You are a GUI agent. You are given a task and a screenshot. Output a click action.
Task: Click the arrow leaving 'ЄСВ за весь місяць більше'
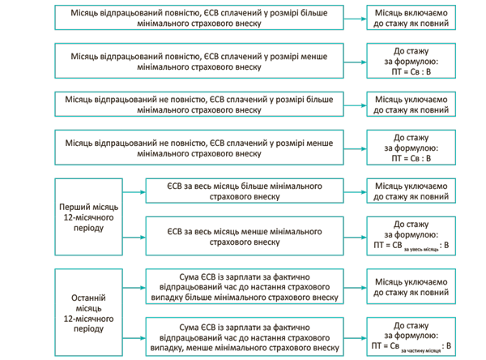pos(355,191)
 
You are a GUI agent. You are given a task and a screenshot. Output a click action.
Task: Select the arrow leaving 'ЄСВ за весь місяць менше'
pos(355,235)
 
